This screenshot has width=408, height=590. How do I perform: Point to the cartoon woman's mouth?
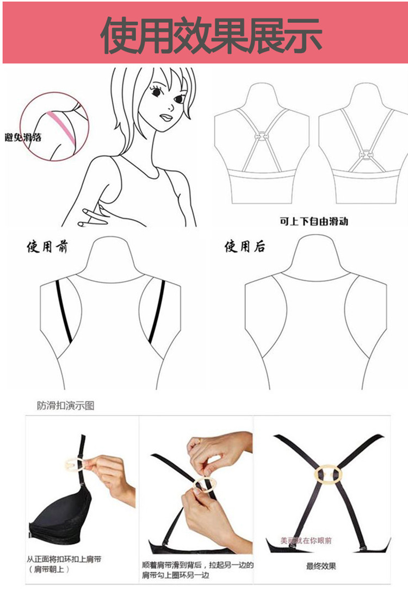166,116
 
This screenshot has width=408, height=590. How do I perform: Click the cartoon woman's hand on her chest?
95,215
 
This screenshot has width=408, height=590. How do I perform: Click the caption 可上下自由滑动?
313,222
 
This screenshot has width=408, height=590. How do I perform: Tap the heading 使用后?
245,248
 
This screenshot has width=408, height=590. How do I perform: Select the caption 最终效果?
321,566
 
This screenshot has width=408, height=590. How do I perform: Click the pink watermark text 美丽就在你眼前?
306,541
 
